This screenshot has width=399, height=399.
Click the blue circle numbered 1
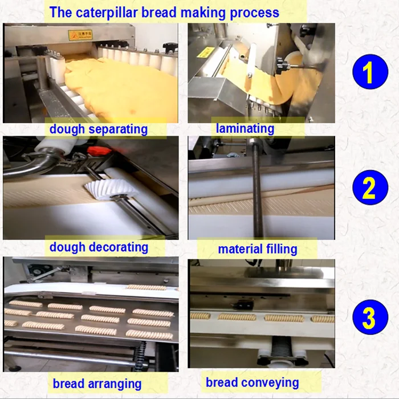pyautogui.click(x=369, y=74)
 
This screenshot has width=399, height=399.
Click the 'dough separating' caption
pyautogui.click(x=98, y=129)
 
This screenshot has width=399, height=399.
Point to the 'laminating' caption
pyautogui.click(x=245, y=128)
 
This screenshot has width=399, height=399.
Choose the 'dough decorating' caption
pyautogui.click(x=99, y=247)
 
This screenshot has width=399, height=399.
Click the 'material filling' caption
pyautogui.click(x=257, y=249)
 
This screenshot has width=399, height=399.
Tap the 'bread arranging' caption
pyautogui.click(x=97, y=382)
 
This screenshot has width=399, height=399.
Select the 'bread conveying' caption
pyautogui.click(x=252, y=382)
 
